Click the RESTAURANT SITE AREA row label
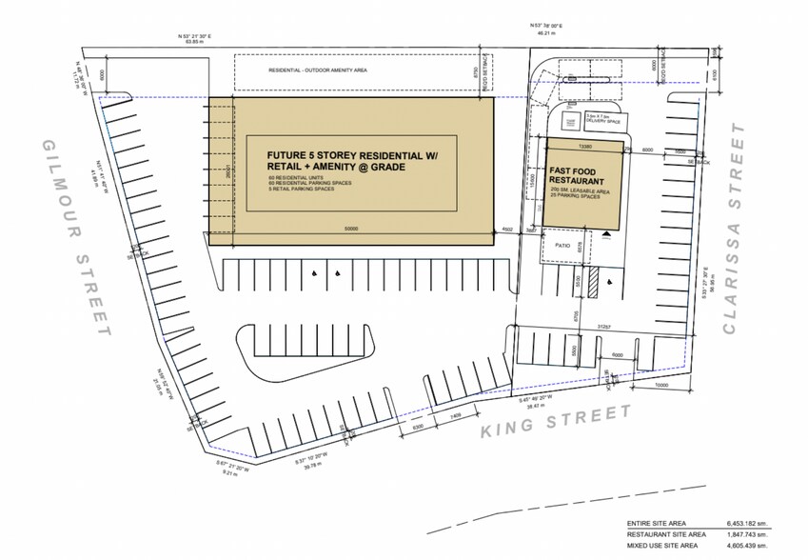pyautogui.click(x=647, y=535)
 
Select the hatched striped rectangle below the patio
pyautogui.click(x=591, y=283)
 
